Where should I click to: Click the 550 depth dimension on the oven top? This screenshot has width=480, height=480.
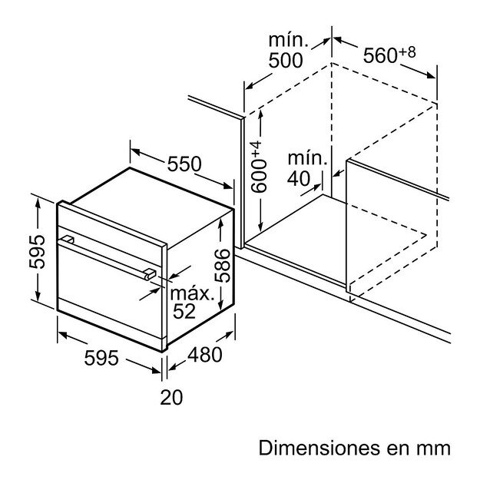[184, 164]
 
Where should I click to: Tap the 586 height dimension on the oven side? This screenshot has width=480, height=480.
[222, 266]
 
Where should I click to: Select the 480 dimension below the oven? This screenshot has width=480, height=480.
[205, 355]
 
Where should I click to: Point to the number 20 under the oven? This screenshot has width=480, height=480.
[171, 397]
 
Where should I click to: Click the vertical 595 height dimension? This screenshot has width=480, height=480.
[37, 252]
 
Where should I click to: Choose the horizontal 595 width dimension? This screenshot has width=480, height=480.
[101, 358]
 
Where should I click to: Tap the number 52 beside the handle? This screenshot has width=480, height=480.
[184, 311]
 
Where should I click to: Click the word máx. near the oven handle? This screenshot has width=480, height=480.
[192, 294]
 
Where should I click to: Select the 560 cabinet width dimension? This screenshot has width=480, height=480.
[380, 56]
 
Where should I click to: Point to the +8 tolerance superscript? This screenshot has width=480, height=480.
[408, 52]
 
